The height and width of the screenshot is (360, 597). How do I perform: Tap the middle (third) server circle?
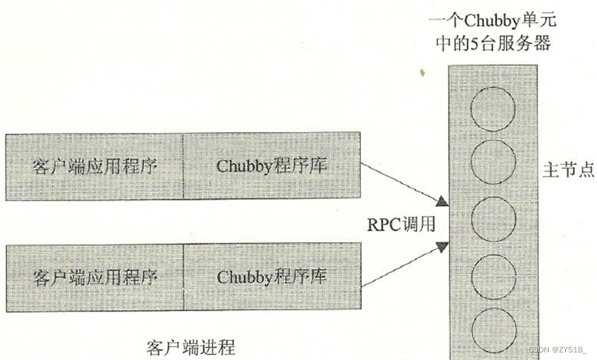click(493, 217)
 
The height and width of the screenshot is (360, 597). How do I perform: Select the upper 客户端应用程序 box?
click(95, 167)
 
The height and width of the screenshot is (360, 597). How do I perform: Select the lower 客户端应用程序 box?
click(95, 277)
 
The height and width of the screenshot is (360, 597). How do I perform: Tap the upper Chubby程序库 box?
click(272, 167)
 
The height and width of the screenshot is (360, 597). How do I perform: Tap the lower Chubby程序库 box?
click(272, 277)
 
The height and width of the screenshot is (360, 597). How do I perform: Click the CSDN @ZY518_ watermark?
click(560, 350)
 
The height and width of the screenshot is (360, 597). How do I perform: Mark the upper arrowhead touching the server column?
click(442, 201)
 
